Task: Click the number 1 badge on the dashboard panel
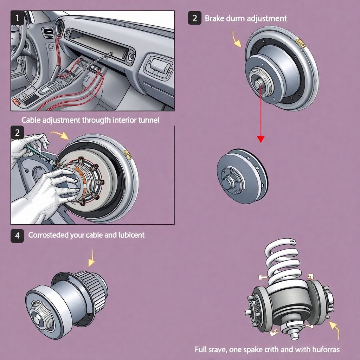point(17,18)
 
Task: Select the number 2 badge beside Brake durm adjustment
point(194,18)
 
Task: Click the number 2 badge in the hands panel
point(17,133)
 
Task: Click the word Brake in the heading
point(214,18)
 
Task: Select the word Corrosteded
point(48,235)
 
